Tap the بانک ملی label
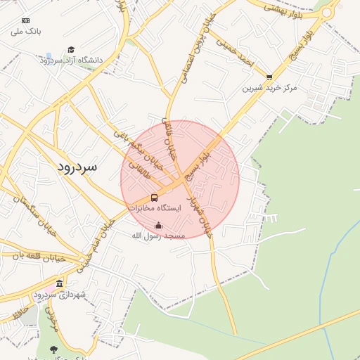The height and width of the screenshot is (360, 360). [x=27, y=32]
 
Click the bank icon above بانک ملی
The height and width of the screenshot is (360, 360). [x=26, y=20]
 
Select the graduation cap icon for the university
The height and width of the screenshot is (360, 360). [x=70, y=49]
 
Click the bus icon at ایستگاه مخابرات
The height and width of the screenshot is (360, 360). [x=155, y=198]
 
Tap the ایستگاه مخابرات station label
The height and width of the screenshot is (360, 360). [x=155, y=209]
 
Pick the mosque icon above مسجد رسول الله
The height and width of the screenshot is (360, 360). [x=158, y=226]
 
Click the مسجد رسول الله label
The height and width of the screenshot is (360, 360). [x=158, y=236]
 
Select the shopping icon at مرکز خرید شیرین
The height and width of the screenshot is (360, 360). [x=269, y=77]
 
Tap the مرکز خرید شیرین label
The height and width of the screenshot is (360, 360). [x=270, y=89]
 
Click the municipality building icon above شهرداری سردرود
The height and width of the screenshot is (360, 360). [x=59, y=284]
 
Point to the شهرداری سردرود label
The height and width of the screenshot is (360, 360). [x=59, y=295]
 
